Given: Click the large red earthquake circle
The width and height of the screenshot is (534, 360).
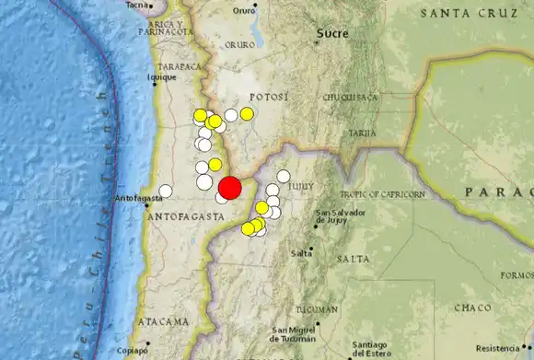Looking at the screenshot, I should tap(229, 187).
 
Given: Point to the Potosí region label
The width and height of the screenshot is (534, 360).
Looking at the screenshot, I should tap(269, 97).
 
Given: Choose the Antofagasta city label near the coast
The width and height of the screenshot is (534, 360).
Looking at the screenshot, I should tap(139, 198).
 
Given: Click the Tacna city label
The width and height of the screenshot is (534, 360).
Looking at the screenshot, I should tap(137, 5).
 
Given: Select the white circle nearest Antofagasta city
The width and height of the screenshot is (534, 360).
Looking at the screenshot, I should tap(166, 192).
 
